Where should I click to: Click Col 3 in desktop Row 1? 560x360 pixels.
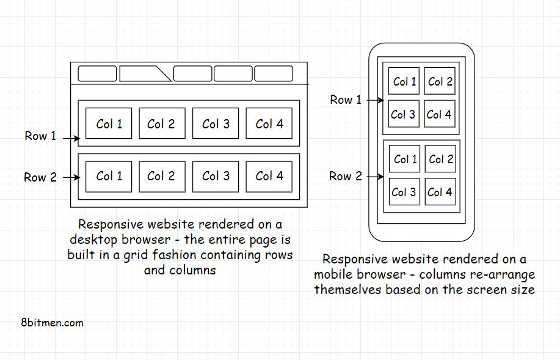click(216, 123)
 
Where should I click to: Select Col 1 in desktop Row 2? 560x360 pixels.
click(109, 176)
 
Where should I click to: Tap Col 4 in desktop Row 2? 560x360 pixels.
click(269, 176)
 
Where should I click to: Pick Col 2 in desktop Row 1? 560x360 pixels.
click(161, 123)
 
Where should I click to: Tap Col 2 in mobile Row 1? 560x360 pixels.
click(440, 81)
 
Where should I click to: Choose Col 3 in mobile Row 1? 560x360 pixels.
click(403, 114)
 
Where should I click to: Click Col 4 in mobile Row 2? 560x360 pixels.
click(440, 192)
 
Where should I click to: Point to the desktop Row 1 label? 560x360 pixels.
click(40, 136)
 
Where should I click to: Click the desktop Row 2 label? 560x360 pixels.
click(40, 177)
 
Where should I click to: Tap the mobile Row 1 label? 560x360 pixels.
click(346, 100)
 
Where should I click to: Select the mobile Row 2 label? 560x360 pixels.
click(346, 176)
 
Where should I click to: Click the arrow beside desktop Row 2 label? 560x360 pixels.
click(71, 178)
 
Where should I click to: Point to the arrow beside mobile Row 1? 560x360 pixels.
click(374, 100)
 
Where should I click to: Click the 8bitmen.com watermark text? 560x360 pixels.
click(51, 322)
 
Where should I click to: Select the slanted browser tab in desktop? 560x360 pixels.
click(144, 74)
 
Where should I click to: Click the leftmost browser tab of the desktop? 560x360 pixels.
click(97, 74)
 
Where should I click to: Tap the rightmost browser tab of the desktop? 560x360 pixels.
click(273, 74)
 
